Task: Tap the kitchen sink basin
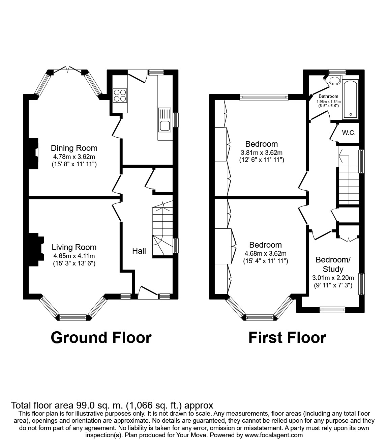coord(165,126)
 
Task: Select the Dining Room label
coord(74,148)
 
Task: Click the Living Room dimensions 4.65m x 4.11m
coord(74,256)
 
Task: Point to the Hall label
coord(139,251)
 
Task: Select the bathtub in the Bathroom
coord(351,100)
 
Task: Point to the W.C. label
coord(349,133)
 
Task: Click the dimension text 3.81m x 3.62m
coord(262,152)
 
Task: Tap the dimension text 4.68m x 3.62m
coord(266,253)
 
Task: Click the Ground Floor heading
coord(101,337)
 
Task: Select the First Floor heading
coord(287,337)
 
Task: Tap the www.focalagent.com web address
coord(273,435)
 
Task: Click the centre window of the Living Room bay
coord(73,317)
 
